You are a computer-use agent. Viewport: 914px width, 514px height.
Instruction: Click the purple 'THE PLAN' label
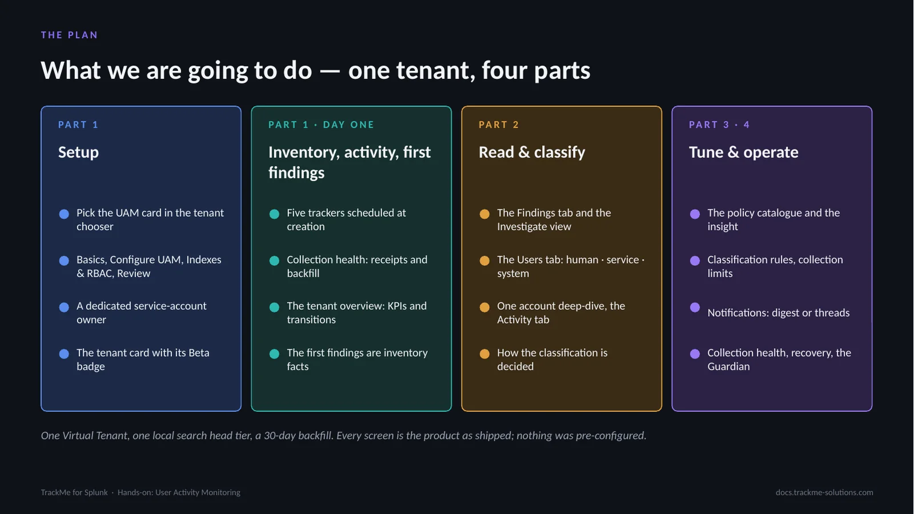point(69,35)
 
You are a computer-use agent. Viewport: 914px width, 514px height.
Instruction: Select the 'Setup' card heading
point(78,152)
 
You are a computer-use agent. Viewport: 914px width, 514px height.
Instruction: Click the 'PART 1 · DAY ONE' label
point(321,125)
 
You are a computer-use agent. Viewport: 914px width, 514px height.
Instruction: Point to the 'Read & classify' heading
point(532,152)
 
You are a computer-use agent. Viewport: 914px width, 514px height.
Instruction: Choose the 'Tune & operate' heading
point(743,152)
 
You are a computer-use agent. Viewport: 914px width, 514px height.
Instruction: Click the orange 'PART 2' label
point(499,125)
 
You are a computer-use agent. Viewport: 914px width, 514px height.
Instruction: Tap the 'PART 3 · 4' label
point(719,125)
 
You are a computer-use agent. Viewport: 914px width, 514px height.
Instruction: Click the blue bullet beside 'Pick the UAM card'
point(64,214)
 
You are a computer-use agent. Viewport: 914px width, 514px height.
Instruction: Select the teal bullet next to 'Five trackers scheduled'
point(274,214)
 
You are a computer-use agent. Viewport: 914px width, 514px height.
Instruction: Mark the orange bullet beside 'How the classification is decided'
point(484,353)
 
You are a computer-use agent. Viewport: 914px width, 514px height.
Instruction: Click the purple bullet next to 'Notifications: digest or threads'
point(695,307)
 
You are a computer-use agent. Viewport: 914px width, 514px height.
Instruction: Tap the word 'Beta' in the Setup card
point(199,353)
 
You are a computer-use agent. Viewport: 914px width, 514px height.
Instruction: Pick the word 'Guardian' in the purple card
point(728,366)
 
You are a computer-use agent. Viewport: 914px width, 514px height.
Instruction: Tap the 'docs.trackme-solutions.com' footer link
point(824,492)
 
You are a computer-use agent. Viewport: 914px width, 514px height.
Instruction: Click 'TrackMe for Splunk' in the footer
point(74,492)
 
